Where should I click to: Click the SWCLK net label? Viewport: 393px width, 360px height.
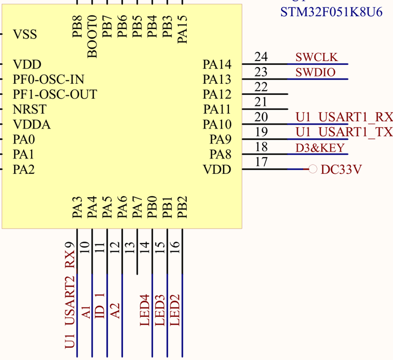[x=317, y=57]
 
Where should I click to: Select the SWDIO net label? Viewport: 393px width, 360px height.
[x=315, y=73]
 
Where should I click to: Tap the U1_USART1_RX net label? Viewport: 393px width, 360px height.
[x=344, y=117]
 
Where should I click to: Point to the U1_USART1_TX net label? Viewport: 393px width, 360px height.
[x=344, y=132]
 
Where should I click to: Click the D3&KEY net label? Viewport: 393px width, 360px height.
[x=320, y=148]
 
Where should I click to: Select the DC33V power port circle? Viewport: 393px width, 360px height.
[x=312, y=169]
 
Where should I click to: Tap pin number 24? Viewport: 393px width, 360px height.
[x=261, y=57]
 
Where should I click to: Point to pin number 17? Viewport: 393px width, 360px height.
[x=261, y=162]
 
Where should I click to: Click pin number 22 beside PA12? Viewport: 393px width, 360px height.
[x=261, y=87]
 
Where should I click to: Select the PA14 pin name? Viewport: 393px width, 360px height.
[x=217, y=65]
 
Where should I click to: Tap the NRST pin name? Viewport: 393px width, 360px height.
[x=30, y=110]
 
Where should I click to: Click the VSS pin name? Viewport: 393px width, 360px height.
[x=25, y=35]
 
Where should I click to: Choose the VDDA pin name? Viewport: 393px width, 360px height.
[x=32, y=125]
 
